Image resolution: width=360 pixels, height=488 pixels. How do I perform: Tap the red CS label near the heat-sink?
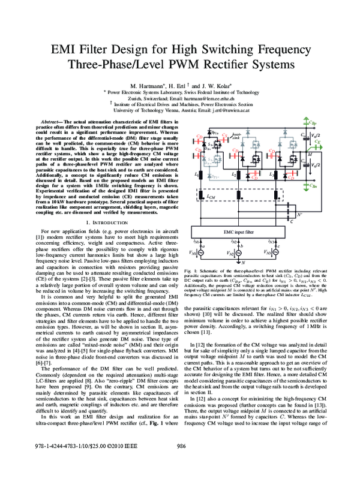coord(224,135)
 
